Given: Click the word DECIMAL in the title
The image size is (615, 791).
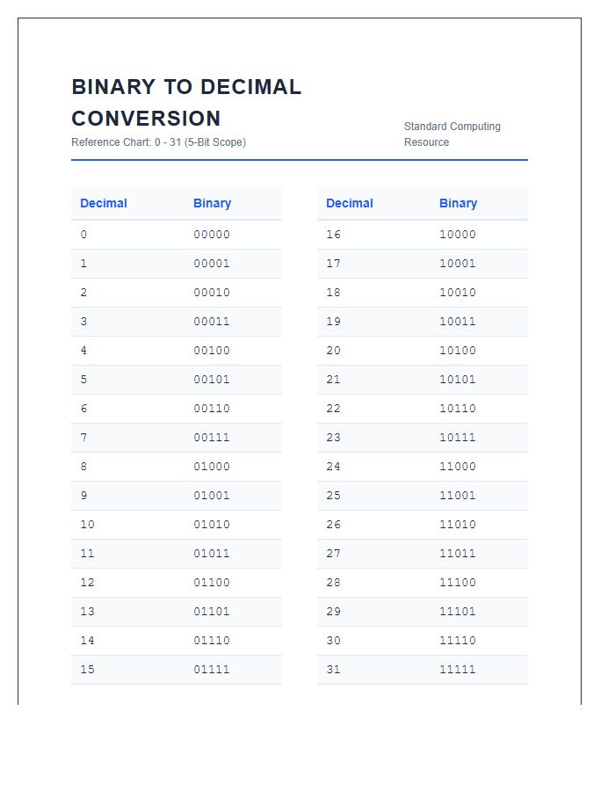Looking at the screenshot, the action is (250, 87).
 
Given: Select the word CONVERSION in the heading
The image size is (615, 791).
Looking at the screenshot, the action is (146, 119).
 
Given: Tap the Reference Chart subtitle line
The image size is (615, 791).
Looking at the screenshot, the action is (158, 142).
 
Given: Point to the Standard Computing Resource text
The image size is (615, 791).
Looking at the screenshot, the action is (452, 134).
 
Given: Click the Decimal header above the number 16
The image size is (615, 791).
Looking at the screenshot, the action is (349, 203).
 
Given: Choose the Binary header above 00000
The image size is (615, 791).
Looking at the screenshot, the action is (212, 203).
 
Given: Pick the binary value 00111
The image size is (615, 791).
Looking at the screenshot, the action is (212, 438).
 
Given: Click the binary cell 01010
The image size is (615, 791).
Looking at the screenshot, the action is (212, 525).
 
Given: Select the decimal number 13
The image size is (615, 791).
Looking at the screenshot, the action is (87, 612).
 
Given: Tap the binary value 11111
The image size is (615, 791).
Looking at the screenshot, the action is (458, 670).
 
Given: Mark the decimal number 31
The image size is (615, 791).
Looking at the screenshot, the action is (333, 670).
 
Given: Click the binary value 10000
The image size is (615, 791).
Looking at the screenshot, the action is (458, 235).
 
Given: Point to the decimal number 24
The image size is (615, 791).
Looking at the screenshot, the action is (333, 467).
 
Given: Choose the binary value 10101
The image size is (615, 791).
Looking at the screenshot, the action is (458, 380).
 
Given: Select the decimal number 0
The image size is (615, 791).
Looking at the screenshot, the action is (83, 235).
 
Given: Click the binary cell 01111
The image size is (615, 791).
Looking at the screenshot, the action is (212, 670).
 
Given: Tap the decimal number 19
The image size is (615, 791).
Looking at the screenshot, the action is (333, 322).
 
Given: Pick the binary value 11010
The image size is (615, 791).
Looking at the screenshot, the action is (458, 525).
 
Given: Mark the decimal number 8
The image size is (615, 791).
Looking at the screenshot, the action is (83, 467).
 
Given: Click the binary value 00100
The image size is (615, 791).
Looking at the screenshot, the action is (212, 351).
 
